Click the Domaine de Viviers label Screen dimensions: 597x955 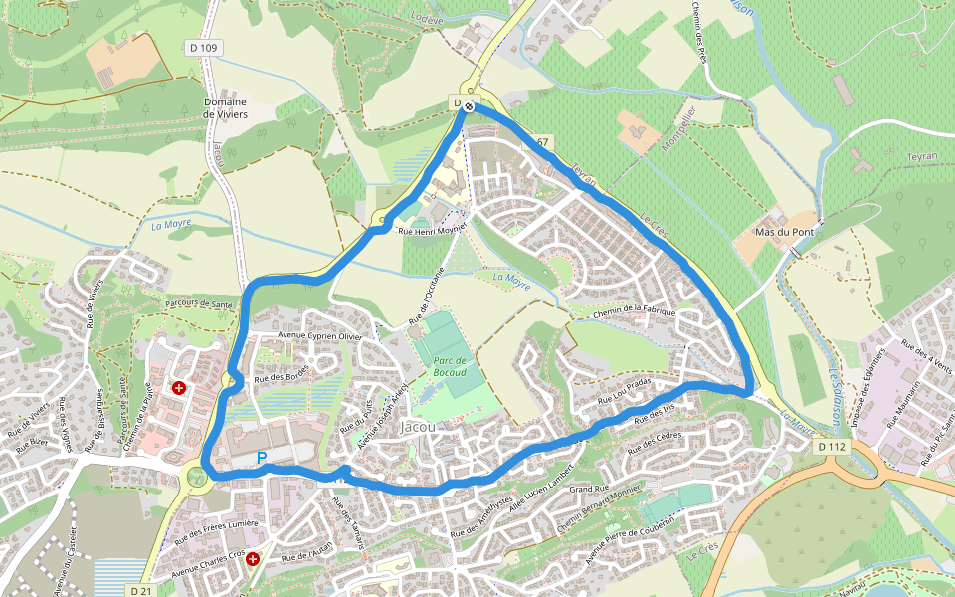[x=225, y=107]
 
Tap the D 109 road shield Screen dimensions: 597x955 [x=202, y=47]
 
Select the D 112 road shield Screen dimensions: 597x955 [x=832, y=447]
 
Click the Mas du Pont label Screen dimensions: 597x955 [x=779, y=232]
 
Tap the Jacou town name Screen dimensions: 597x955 [x=417, y=427]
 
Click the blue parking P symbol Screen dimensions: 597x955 [x=262, y=458]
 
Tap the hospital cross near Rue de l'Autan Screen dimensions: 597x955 [x=254, y=560]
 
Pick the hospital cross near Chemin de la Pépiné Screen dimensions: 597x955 [x=179, y=387]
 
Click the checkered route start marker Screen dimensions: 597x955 [x=468, y=105]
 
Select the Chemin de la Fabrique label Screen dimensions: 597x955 [x=634, y=313]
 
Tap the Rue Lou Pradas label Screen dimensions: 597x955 [x=624, y=389]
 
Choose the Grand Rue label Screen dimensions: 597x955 [x=588, y=489]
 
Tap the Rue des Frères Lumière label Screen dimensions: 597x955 [x=216, y=523]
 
